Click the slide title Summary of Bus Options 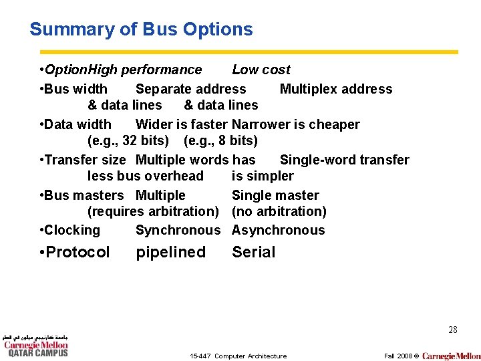[141, 29]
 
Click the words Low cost [261, 70]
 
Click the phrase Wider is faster [181, 124]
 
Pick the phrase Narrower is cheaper [296, 124]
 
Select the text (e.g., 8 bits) [220, 140]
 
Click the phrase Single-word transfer [344, 160]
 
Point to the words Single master [275, 195]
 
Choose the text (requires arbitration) [153, 211]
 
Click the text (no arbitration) [279, 211]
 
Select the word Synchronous [178, 230]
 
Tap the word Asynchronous [278, 230]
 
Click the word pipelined [171, 252]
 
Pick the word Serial [253, 252]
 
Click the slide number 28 [453, 330]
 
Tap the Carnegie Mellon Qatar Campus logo [37, 346]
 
